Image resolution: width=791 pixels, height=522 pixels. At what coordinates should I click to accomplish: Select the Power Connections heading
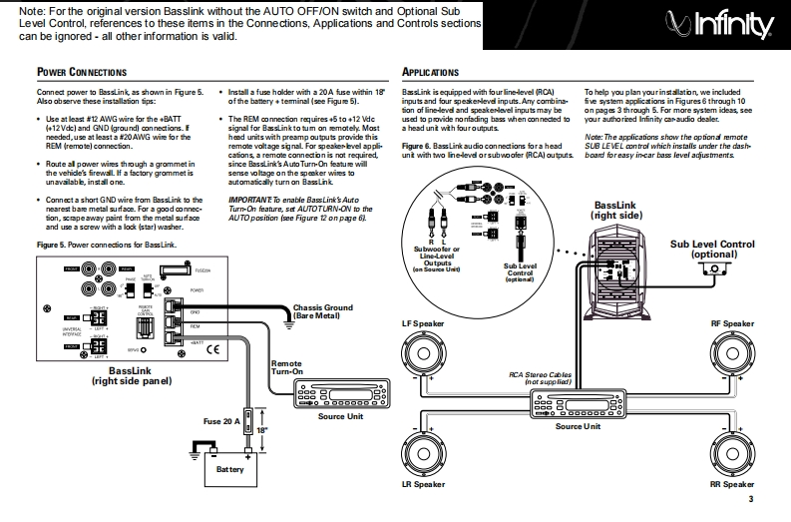[x=82, y=72]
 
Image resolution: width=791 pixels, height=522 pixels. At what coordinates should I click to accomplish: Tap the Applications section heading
[x=430, y=72]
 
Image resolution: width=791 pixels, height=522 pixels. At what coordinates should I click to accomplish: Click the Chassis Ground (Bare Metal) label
[x=324, y=311]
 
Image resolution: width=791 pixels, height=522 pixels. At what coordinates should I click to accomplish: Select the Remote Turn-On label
[x=286, y=369]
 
